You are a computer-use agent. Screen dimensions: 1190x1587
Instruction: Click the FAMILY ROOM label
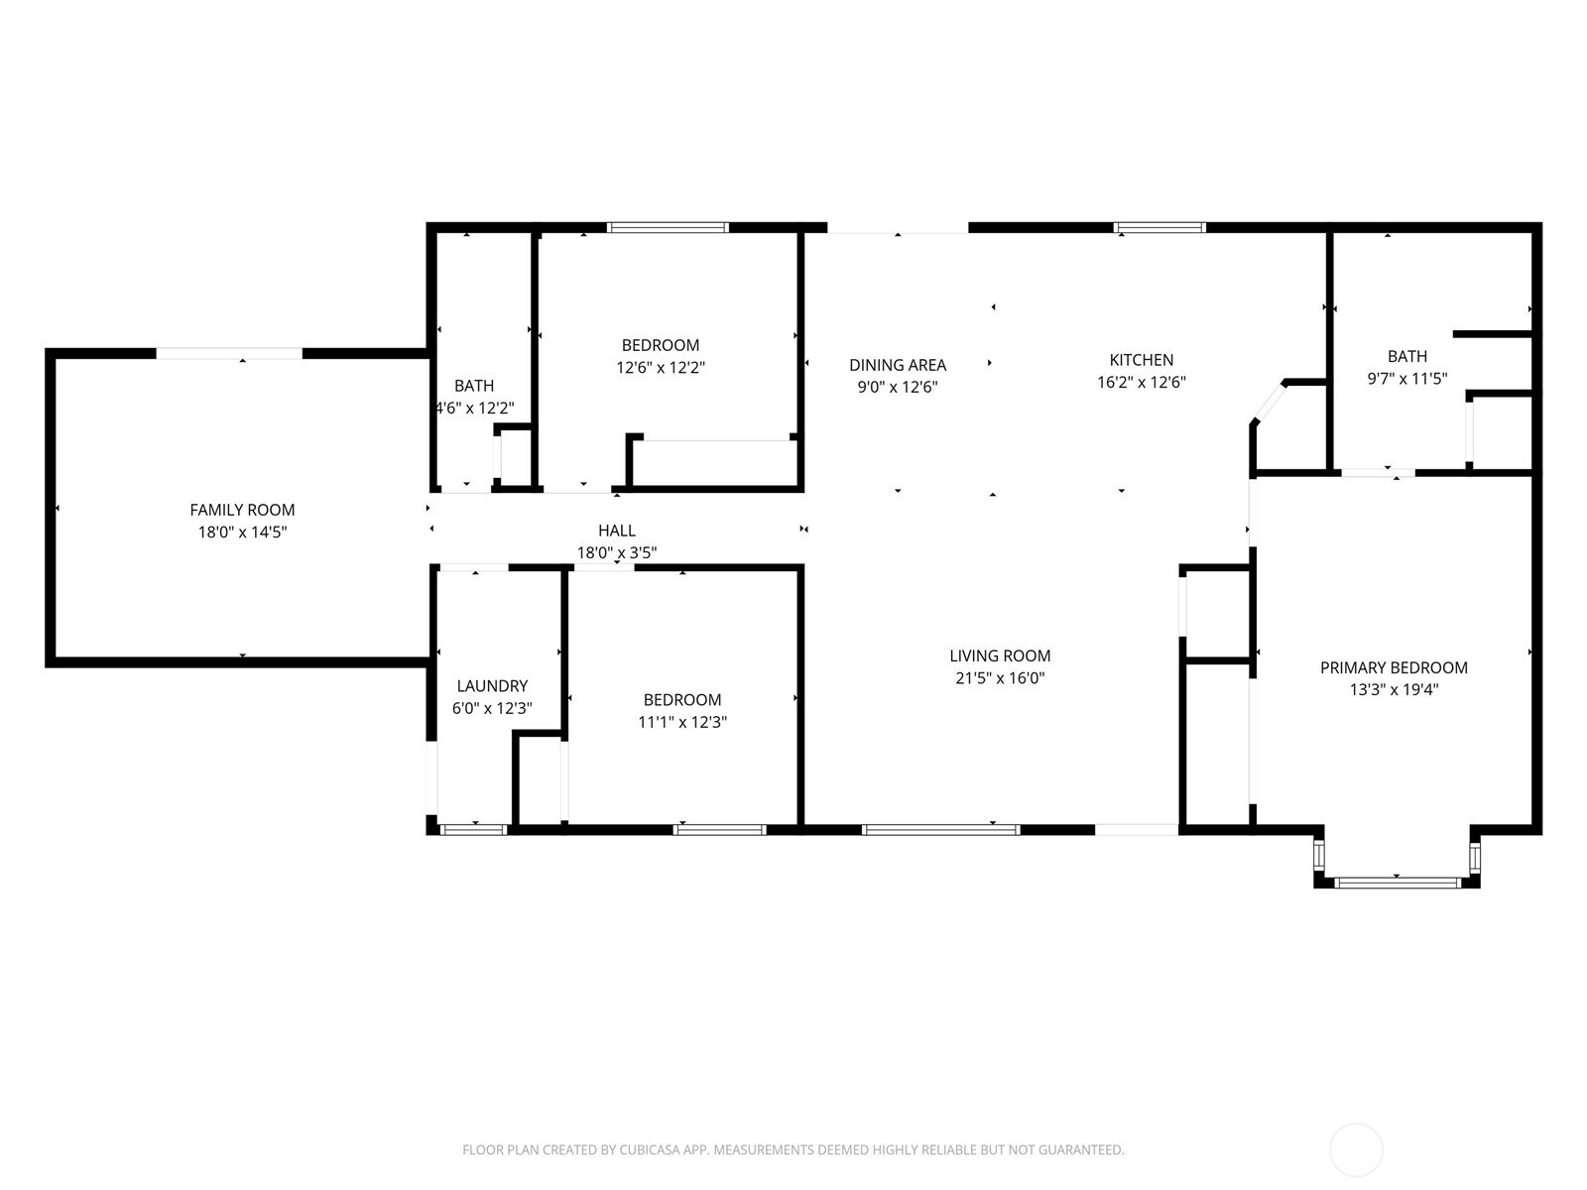242,510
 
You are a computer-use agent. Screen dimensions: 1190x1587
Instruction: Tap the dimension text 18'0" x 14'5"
242,533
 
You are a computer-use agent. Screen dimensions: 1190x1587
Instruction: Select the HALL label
616,531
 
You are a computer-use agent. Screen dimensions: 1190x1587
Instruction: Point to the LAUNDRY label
492,686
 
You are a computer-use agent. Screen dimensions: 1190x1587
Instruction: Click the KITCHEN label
1141,360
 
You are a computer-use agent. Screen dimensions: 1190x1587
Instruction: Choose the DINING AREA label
898,365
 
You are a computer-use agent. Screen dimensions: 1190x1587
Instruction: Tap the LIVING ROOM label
1000,655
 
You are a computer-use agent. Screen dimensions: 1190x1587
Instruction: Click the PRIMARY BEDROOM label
1394,667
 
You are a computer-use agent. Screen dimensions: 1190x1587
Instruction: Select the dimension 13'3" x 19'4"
1394,690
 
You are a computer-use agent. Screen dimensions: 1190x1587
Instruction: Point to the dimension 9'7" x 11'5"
1406,378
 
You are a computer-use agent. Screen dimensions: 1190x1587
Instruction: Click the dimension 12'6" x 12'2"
660,368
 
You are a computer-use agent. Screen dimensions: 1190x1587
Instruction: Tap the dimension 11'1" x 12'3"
682,722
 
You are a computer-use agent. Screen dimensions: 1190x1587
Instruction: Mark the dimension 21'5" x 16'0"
1000,678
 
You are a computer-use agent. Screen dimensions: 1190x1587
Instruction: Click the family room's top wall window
229,353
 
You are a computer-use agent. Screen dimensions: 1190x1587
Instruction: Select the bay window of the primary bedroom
1397,882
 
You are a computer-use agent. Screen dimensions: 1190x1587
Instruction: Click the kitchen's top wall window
1160,227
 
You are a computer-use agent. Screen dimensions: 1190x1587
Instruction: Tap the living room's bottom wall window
940,829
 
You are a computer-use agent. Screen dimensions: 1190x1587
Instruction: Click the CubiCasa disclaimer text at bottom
793,1150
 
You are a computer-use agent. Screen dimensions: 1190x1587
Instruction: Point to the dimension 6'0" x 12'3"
492,709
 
